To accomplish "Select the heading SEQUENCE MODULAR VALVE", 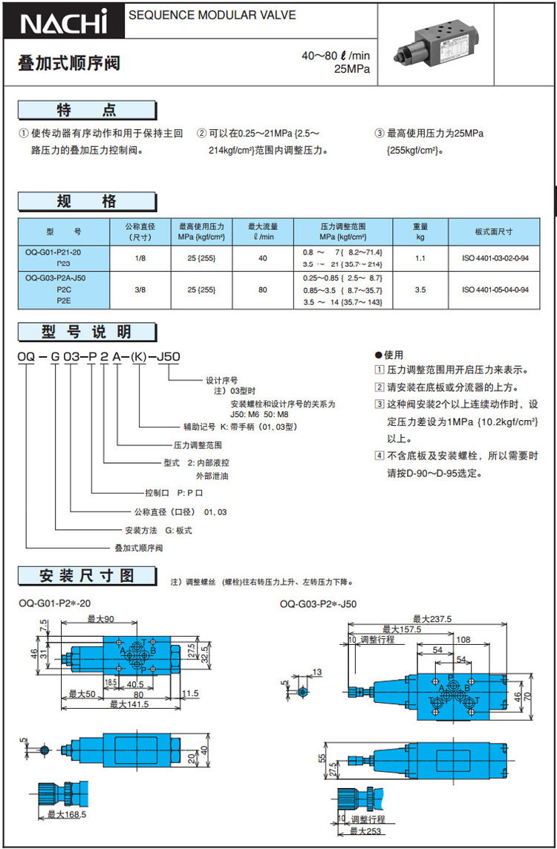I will [212, 15].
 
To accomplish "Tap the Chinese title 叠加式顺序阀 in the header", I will [68, 64].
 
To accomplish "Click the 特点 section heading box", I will [88, 111].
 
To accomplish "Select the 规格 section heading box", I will [88, 201].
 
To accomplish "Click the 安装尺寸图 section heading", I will [88, 575].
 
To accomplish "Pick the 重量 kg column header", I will [420, 232].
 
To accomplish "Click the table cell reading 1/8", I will [141, 258].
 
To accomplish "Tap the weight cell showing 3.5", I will [420, 290].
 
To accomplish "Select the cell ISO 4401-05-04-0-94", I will [495, 290].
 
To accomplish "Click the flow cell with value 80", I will [263, 290].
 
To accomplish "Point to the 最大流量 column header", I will [263, 232].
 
